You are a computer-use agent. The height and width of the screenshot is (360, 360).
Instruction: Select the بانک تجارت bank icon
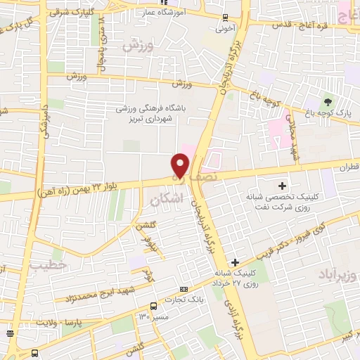click(x=184, y=288)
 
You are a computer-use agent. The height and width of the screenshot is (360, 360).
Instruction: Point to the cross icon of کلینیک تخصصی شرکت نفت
click(x=282, y=186)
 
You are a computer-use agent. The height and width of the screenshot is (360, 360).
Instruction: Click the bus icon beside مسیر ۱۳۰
click(x=153, y=306)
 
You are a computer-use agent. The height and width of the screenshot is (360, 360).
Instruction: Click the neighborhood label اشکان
click(x=166, y=200)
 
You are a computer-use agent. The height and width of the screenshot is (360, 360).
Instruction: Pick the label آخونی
click(x=225, y=30)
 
